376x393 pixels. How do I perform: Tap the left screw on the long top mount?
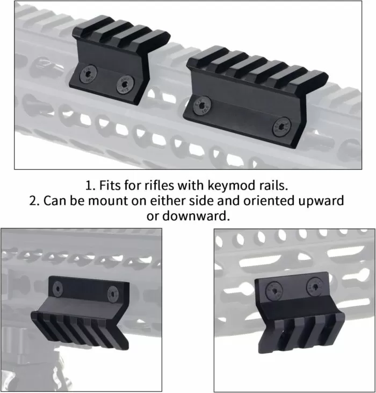click(x=203, y=106)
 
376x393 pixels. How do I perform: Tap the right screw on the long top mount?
click(x=282, y=127)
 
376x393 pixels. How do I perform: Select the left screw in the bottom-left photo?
click(x=58, y=289)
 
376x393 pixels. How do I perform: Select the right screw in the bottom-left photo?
click(x=113, y=294)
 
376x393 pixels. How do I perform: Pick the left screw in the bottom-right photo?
click(x=274, y=291)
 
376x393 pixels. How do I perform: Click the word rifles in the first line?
click(x=159, y=186)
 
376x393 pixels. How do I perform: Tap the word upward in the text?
click(x=321, y=201)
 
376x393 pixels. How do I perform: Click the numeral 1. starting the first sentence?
click(x=90, y=186)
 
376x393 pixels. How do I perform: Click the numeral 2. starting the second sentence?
click(x=34, y=201)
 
